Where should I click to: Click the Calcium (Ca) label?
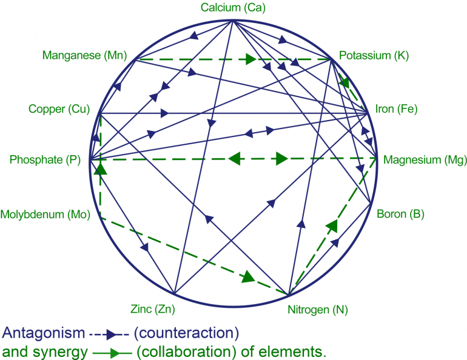click(x=234, y=8)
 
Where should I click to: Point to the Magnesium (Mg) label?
click(x=425, y=160)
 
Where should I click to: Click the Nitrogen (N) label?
click(x=317, y=310)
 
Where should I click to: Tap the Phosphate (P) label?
click(x=45, y=160)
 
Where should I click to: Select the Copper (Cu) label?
click(x=59, y=109)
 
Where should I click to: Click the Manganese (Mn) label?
click(x=84, y=56)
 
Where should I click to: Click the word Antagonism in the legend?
click(x=44, y=333)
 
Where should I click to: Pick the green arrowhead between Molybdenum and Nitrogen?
click(x=247, y=277)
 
